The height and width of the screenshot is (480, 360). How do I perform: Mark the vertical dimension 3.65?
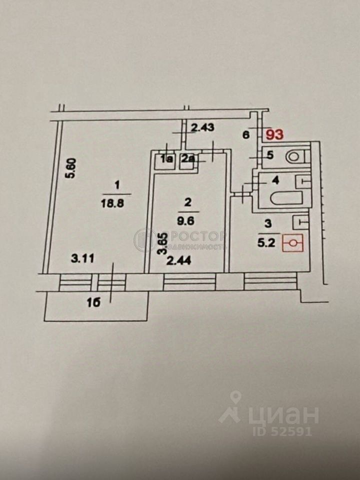(161, 244)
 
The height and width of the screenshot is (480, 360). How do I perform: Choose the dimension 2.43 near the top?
(202, 127)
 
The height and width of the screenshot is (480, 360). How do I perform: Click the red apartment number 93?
(274, 134)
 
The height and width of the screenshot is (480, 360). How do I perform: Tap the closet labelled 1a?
(165, 159)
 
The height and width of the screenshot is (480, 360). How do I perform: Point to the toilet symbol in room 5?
(294, 156)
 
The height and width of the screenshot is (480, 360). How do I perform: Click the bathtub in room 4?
(286, 198)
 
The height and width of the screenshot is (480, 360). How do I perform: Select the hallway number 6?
(245, 134)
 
